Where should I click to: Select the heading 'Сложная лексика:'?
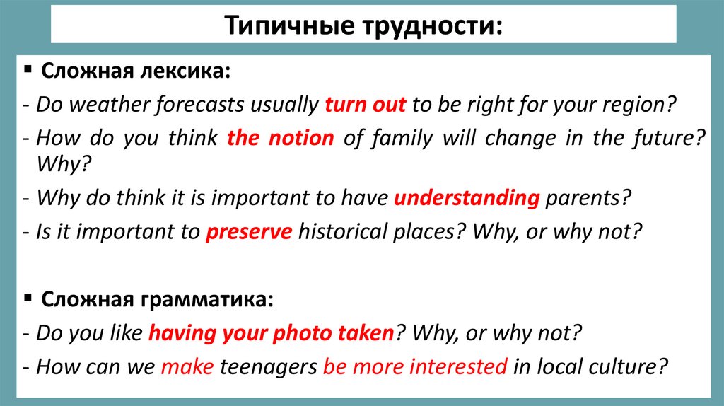136,71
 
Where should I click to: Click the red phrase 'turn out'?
365,105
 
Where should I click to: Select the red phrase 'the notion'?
280,138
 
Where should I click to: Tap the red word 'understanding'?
467,198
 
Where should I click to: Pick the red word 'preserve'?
249,232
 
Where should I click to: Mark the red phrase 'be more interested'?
415,367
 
